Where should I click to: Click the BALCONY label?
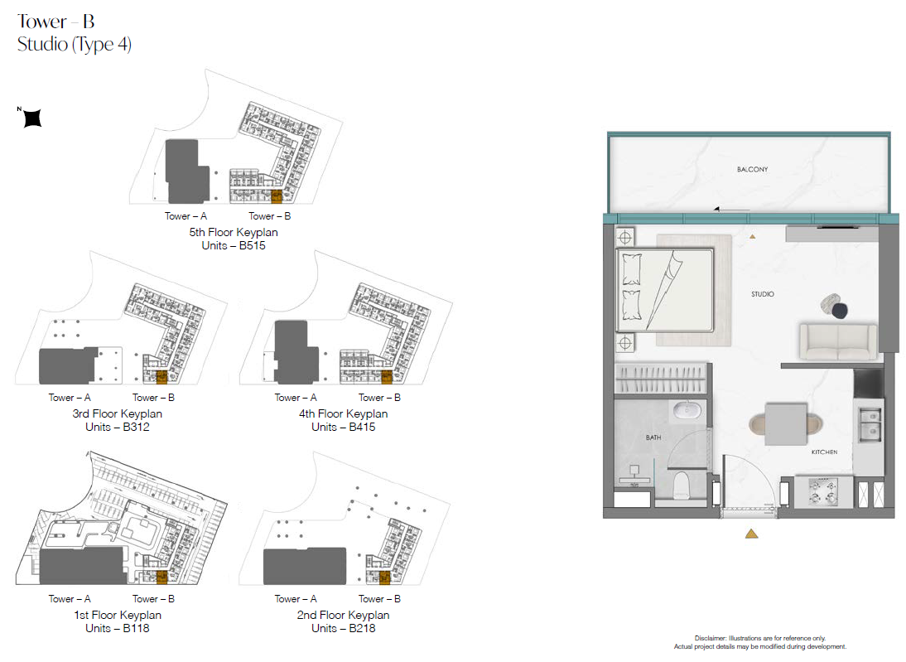(x=752, y=169)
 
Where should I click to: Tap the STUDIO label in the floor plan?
(x=763, y=294)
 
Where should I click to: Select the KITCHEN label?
(x=824, y=452)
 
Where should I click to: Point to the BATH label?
(x=653, y=437)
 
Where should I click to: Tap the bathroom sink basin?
(x=687, y=410)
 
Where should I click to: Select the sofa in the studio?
(x=838, y=341)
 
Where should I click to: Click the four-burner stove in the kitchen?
(x=823, y=490)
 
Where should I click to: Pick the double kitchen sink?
(x=869, y=423)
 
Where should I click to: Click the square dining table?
(x=786, y=424)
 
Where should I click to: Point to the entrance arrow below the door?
(x=751, y=534)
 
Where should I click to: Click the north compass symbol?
(x=32, y=118)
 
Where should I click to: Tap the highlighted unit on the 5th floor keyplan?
(x=277, y=196)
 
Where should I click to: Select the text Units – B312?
(x=118, y=428)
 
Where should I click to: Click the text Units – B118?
(x=118, y=629)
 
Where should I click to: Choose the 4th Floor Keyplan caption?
(x=343, y=414)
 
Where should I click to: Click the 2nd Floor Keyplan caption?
(x=343, y=615)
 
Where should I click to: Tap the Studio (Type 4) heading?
(x=75, y=45)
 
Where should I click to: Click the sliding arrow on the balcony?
(x=731, y=209)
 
